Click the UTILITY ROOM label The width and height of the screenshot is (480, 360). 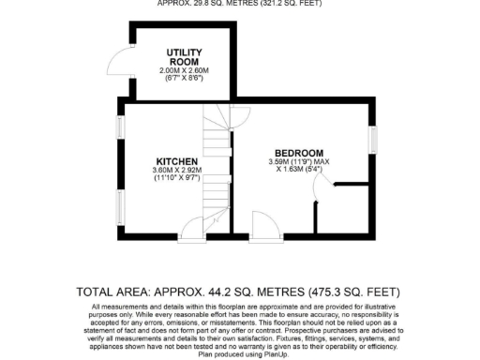click(x=185, y=56)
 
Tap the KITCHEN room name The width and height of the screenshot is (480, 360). click(x=175, y=160)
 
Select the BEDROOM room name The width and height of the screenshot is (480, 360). click(x=298, y=153)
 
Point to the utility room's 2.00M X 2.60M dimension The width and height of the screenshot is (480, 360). click(x=185, y=70)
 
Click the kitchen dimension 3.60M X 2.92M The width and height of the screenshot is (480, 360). click(x=175, y=170)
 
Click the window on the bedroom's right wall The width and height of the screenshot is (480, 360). click(x=373, y=140)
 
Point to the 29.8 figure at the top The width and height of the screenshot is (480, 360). click(x=215, y=3)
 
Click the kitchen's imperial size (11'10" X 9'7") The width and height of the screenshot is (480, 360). click(x=175, y=178)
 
